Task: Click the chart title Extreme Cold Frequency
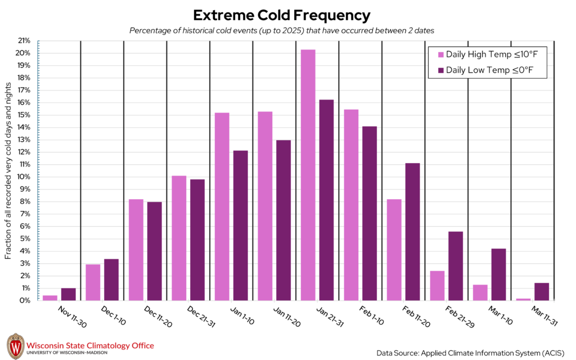282,15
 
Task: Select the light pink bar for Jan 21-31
308,175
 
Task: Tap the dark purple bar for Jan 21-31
326,200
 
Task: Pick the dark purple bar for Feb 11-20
412,232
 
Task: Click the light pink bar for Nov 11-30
50,298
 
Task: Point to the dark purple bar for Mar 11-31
541,291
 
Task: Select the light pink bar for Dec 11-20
136,250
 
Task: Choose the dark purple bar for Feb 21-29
455,265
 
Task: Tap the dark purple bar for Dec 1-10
111,280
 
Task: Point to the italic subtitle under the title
281,30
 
